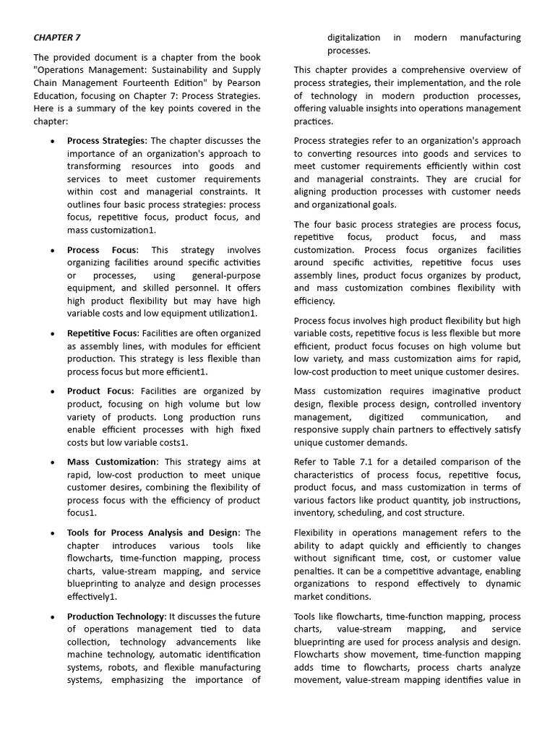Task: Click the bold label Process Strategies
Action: [x=106, y=140]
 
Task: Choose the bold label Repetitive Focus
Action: [x=102, y=333]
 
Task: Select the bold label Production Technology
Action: [x=116, y=616]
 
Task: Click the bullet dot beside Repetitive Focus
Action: [x=53, y=334]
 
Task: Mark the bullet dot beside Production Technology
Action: [x=53, y=617]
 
